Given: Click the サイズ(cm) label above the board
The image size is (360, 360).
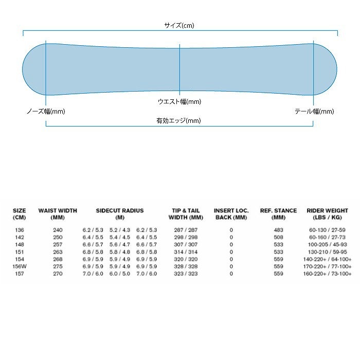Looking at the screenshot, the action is (x=179, y=25).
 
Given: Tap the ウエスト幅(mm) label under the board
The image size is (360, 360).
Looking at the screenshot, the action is (x=179, y=101).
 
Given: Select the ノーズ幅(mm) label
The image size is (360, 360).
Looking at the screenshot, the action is (x=46, y=112).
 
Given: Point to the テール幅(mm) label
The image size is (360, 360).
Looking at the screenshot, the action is (x=314, y=112).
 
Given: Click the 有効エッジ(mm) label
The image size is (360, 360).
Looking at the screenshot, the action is (x=178, y=120).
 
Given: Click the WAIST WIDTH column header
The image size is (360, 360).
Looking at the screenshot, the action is (x=58, y=214).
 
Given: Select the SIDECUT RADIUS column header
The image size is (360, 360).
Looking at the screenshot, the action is (x=120, y=214).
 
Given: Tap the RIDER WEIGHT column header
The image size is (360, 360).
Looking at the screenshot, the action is (x=328, y=214).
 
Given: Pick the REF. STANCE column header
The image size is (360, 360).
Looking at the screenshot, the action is (x=279, y=214).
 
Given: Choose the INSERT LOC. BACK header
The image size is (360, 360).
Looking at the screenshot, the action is (x=231, y=214).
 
